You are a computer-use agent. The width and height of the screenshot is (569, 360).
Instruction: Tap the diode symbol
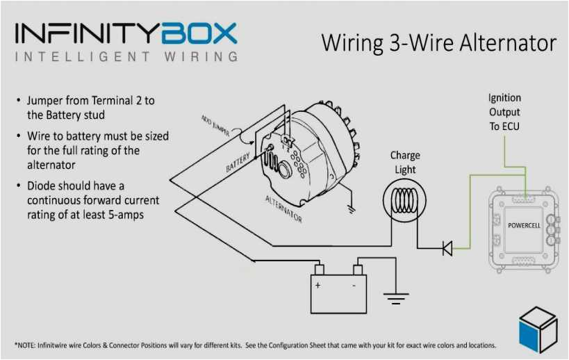[447, 247]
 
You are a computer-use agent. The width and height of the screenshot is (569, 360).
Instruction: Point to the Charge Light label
[404, 163]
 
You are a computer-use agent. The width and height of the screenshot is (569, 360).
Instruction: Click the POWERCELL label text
[525, 226]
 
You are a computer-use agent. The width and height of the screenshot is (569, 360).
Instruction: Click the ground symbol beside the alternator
[352, 206]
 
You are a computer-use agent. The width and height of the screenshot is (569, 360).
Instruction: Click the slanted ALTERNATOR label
[283, 209]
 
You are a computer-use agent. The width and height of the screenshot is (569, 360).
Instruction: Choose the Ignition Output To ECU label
[504, 112]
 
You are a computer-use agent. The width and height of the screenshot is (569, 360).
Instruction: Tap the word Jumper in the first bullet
[46, 101]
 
